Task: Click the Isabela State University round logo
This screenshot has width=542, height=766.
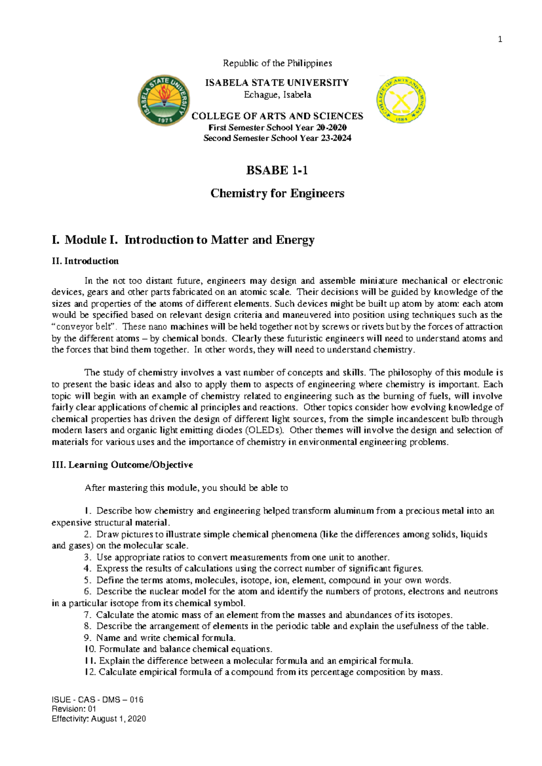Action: [x=164, y=101]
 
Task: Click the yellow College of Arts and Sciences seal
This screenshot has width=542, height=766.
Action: [x=401, y=99]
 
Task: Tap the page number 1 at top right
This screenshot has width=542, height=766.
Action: [x=500, y=39]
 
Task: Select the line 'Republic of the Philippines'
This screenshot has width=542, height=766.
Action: [x=277, y=63]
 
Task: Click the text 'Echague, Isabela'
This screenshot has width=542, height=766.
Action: [x=277, y=95]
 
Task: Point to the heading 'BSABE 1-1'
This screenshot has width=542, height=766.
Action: [x=277, y=170]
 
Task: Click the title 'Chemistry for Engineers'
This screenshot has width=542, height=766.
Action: [x=277, y=193]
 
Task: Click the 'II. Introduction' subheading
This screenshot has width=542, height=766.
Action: [x=85, y=261]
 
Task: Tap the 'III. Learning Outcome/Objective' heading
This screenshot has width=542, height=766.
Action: [x=122, y=465]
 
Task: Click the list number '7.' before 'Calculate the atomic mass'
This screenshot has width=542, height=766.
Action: [x=88, y=615]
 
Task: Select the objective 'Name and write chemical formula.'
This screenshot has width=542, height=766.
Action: [x=166, y=638]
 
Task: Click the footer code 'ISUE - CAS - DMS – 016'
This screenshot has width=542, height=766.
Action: [x=98, y=700]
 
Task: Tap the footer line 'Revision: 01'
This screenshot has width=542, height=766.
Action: [x=74, y=709]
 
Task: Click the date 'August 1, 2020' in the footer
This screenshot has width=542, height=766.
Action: [x=118, y=719]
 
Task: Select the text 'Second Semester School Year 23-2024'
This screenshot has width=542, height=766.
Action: [x=277, y=138]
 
